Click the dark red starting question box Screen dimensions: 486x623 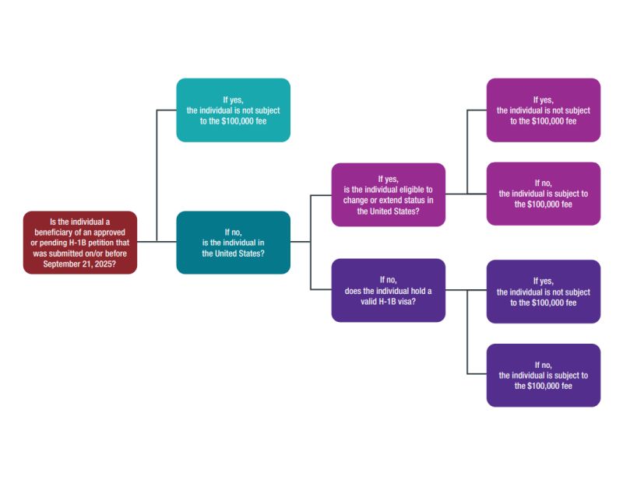click(80, 243)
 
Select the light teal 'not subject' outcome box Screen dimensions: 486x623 click(233, 110)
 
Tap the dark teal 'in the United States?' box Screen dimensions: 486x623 click(233, 243)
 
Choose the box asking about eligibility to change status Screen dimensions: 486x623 click(388, 194)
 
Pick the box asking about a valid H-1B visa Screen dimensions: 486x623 click(388, 290)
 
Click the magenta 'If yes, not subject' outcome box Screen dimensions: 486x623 click(543, 110)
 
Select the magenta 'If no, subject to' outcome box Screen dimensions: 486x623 click(543, 194)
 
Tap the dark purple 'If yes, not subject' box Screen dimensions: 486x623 click(543, 292)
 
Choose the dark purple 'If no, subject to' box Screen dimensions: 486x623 click(543, 375)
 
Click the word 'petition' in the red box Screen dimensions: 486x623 click(113, 243)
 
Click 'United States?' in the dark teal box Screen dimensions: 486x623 click(233, 253)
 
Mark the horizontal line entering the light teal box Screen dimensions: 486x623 click(167, 110)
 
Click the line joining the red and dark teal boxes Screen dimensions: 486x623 click(157, 242)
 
